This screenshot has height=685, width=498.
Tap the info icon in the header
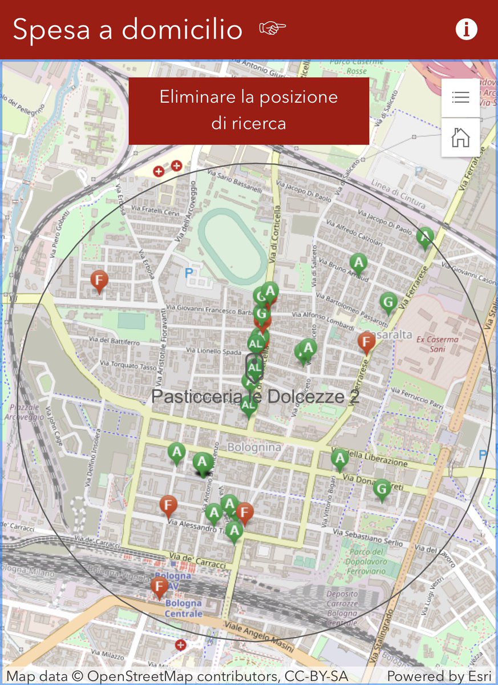[466, 30]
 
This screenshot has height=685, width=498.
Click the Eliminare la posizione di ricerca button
[249, 110]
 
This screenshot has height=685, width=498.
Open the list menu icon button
[460, 98]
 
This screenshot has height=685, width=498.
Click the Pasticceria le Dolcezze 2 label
[255, 397]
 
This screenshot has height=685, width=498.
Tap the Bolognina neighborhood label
[254, 448]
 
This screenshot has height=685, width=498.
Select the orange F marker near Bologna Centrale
[159, 586]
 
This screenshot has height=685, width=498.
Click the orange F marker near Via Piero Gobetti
[100, 280]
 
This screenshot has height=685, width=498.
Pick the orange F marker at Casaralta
[366, 342]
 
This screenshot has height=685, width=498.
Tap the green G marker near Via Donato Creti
[382, 489]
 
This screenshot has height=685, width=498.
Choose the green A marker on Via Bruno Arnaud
[358, 263]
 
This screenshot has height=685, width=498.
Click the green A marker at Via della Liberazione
[340, 458]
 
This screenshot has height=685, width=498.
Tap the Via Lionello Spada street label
[214, 351]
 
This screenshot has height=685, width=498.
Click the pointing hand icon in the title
[272, 28]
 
